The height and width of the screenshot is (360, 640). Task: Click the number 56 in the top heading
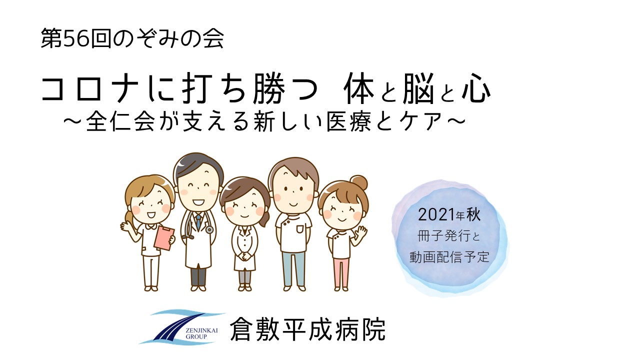click(x=76, y=38)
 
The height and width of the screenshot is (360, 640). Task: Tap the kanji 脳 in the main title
click(x=419, y=88)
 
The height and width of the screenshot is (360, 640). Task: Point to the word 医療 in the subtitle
click(x=351, y=121)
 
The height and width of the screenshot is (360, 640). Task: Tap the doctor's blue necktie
click(x=198, y=222)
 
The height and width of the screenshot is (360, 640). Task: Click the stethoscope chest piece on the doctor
click(x=209, y=229)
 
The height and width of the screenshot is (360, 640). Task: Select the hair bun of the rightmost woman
click(x=359, y=182)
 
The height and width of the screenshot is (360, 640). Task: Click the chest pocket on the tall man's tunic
click(x=299, y=229)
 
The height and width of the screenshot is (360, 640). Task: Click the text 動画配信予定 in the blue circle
click(x=449, y=257)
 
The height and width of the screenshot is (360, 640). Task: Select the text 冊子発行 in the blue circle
click(x=443, y=236)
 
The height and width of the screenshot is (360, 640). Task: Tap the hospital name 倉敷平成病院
click(x=307, y=329)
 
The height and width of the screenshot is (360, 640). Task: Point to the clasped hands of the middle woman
click(x=244, y=255)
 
